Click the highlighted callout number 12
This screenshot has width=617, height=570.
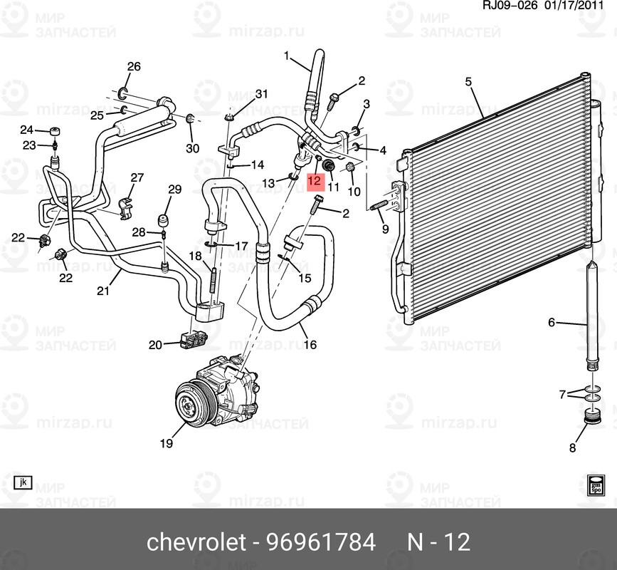pos(314,182)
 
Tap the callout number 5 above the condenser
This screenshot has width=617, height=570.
pos(468,83)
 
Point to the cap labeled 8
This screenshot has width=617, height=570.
pos(590,417)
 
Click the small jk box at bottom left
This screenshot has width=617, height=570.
pos(23,482)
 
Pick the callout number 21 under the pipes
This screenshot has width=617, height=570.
pos(103,290)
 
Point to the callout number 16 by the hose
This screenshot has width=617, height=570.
pos(310,345)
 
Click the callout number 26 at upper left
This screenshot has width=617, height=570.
pos(134,67)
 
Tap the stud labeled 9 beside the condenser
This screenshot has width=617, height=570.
pos(380,206)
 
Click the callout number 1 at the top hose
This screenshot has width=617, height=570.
pos(288,56)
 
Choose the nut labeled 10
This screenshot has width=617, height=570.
pos(351,168)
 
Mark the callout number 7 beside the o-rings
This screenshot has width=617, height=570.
pos(562,394)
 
